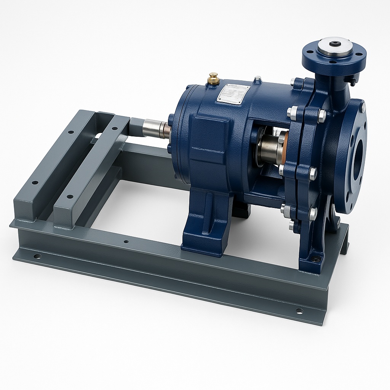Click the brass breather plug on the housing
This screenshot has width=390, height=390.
(x=213, y=78)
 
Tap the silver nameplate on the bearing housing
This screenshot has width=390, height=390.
(x=233, y=93)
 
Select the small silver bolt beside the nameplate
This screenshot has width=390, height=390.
(x=258, y=79)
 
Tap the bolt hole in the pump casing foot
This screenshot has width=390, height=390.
(x=316, y=259)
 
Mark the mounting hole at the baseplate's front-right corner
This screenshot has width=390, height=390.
(x=299, y=311)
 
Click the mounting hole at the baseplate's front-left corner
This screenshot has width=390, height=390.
(x=37, y=256)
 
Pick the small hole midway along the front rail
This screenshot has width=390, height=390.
(x=126, y=241)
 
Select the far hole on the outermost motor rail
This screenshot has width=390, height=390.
(x=71, y=132)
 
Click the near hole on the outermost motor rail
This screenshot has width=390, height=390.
(x=34, y=182)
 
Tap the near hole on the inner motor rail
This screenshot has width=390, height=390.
(x=70, y=197)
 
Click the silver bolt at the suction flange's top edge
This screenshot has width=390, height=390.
(x=363, y=107)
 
